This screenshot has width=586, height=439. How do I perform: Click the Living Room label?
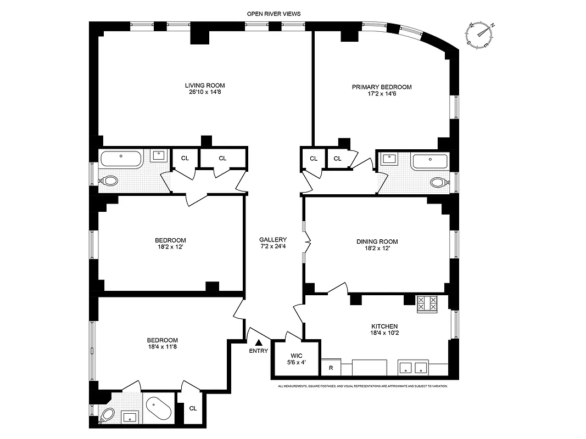tap(204, 85)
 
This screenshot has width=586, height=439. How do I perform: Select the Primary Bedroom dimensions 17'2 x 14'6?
tap(381, 94)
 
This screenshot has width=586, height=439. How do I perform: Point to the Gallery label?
tap(273, 239)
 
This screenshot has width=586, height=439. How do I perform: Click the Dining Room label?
tap(377, 241)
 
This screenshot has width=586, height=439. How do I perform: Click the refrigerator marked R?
tap(331, 368)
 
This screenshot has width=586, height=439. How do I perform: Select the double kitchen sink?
tap(412, 368)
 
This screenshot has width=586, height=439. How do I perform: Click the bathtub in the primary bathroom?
tap(429, 161)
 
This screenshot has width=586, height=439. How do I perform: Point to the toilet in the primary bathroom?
tap(439, 182)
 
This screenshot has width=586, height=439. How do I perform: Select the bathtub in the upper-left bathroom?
tap(121, 160)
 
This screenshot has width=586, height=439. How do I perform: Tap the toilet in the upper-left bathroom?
tap(109, 181)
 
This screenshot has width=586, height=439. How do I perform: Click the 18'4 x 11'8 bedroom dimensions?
tap(162, 347)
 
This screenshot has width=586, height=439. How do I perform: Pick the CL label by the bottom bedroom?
tap(193, 408)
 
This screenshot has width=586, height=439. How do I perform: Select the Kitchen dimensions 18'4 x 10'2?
tap(384, 333)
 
